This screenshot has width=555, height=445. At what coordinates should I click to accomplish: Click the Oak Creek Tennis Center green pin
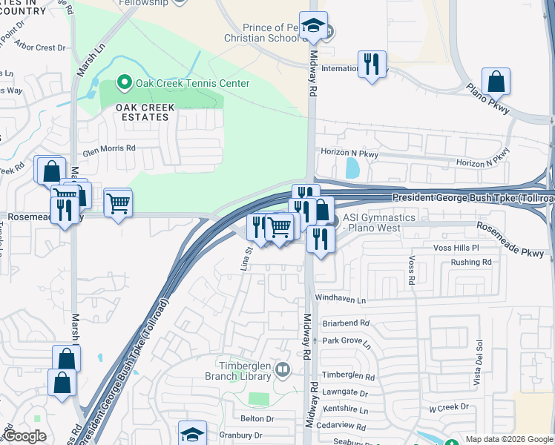point(125,83)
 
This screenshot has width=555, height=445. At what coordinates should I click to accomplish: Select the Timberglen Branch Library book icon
point(282,369)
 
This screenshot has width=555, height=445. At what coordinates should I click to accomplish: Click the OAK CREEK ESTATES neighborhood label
point(145,113)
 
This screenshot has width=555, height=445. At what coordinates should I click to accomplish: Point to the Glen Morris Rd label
point(109,148)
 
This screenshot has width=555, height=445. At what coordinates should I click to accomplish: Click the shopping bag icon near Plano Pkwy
point(496,82)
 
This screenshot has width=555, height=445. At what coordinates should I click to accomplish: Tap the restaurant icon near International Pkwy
point(372,64)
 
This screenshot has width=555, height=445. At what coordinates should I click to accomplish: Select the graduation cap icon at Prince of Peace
point(313,27)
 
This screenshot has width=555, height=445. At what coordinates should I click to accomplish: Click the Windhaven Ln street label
point(341,300)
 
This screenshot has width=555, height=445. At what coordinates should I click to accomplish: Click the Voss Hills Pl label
point(456,248)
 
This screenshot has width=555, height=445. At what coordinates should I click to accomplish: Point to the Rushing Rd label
point(471,263)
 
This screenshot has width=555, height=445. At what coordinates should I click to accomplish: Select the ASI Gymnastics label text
point(378,222)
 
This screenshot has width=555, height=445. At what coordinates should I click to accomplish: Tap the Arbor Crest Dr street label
point(40,47)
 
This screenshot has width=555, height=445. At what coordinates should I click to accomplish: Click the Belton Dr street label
point(257,419)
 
